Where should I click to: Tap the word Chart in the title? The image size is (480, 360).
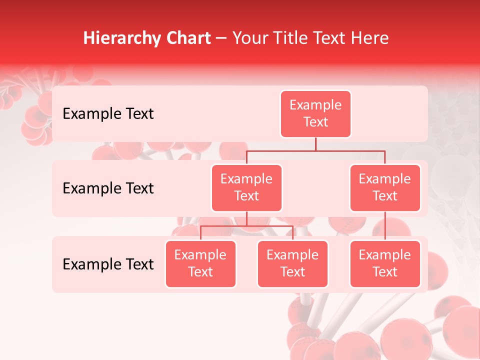tap(186, 38)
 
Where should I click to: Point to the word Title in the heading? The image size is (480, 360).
tap(297, 38)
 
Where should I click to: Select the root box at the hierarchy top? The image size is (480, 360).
tap(315, 114)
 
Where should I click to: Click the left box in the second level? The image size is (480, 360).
tap(246, 188)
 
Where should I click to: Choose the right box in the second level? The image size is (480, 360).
tap(385, 188)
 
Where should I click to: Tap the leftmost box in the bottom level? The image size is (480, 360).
tap(200, 264)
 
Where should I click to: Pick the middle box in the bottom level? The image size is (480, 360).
tap(292, 264)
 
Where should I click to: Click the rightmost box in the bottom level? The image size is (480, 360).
tap(385, 264)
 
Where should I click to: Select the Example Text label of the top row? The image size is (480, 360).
tap(108, 114)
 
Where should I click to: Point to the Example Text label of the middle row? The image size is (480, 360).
tap(108, 188)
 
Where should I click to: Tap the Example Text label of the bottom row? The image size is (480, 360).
tap(108, 264)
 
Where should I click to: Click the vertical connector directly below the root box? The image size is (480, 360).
tap(315, 144)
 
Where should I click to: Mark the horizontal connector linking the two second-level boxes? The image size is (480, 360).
tap(315, 150)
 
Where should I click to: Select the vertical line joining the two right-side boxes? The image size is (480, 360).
tap(385, 226)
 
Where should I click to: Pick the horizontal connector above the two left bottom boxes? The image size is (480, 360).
tap(246, 226)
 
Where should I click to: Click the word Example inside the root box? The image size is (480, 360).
tap(315, 105)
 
